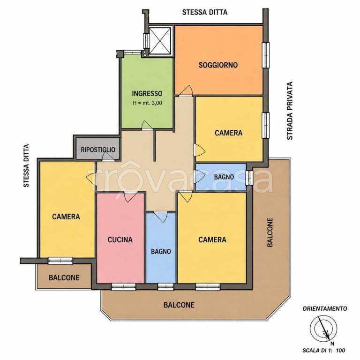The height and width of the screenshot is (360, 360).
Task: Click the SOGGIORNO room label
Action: [218, 65]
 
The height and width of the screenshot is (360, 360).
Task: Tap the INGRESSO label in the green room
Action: [147, 93]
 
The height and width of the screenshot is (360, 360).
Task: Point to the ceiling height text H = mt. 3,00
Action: [147, 103]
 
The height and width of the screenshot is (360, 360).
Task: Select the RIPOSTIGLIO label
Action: [98, 150]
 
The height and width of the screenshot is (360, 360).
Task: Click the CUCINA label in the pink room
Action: [120, 240]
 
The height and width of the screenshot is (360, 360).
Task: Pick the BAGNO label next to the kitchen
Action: [161, 252]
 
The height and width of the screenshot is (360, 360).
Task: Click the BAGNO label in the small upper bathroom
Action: [224, 177]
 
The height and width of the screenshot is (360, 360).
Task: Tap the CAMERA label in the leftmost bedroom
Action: [66, 217]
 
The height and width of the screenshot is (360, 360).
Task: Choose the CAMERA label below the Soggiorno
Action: [228, 133]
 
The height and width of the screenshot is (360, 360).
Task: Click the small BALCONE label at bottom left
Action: [64, 277]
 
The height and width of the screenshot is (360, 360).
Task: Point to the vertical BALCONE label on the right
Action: [270, 232]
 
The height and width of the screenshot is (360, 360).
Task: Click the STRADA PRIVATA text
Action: [290, 111]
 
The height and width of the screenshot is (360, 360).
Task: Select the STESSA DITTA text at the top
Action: [205, 12]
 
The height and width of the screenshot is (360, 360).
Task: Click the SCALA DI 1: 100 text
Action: [324, 350]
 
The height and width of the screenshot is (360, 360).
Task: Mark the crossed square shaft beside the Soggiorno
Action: [160, 41]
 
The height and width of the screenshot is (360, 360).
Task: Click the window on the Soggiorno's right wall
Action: [265, 55]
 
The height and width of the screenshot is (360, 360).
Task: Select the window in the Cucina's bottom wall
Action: [124, 287]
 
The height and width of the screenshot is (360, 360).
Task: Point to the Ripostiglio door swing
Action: [108, 157]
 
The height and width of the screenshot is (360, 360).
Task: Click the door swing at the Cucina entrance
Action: [130, 197]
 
